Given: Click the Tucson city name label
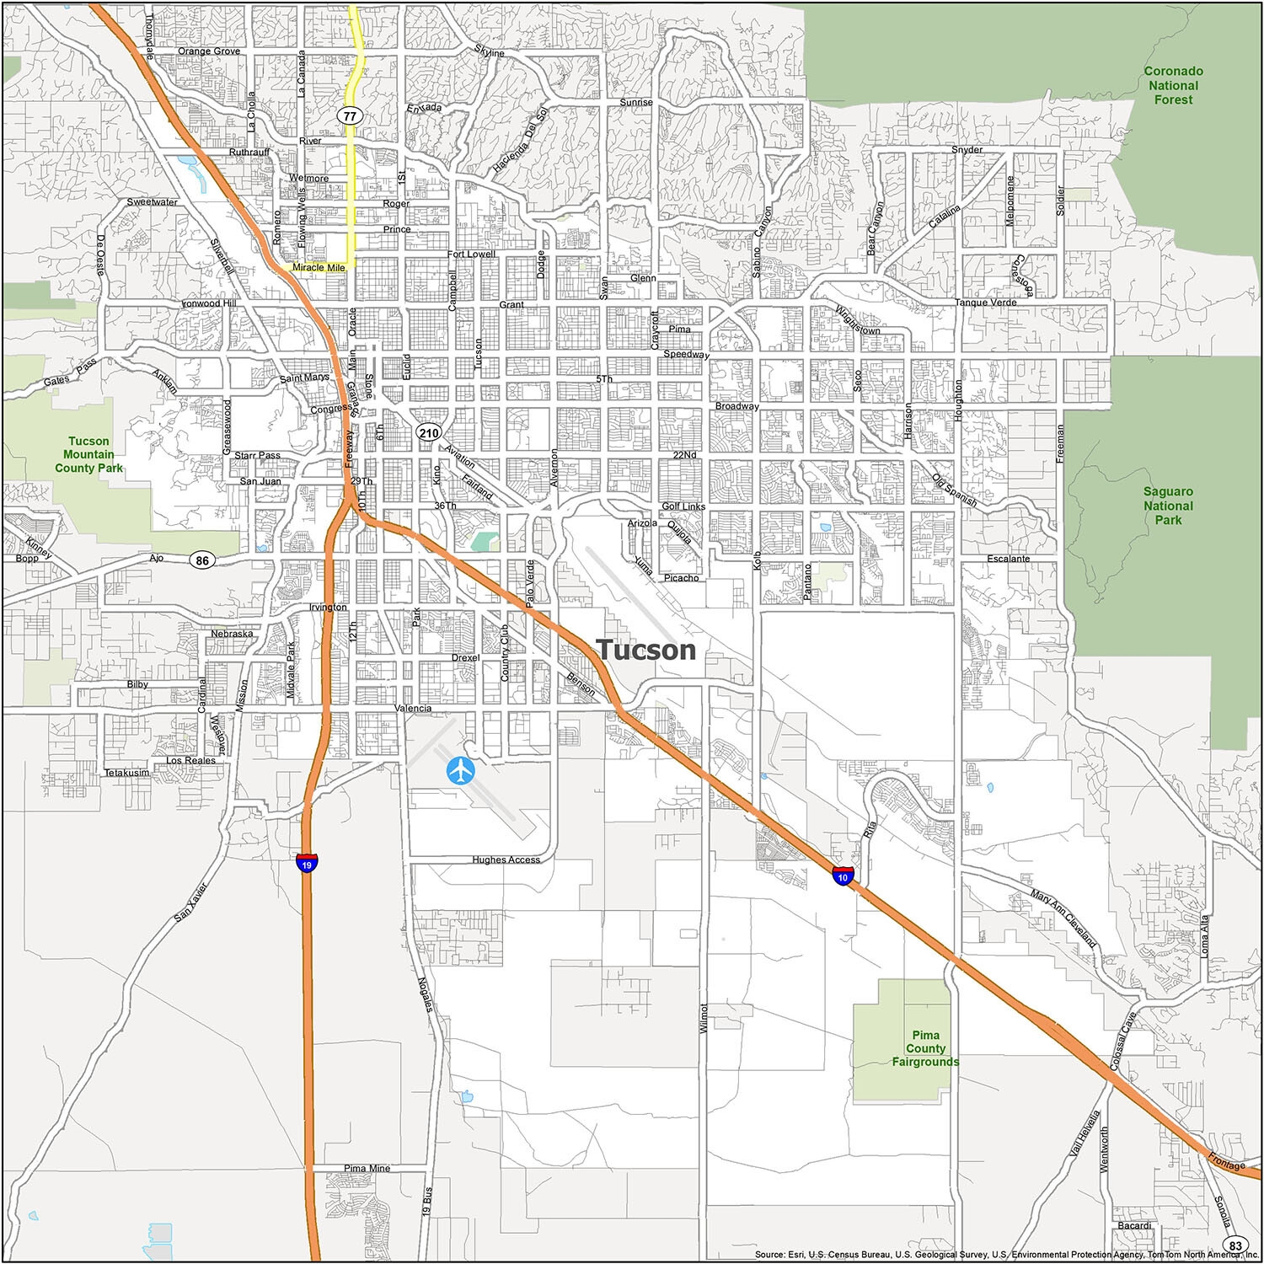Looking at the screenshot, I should [x=646, y=650].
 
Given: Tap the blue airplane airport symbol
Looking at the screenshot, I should [x=461, y=769].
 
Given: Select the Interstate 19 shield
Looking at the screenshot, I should [x=307, y=864].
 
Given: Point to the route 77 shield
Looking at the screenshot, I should [x=350, y=116].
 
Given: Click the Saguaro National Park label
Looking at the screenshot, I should [x=1168, y=506].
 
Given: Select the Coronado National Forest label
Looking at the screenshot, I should [x=1173, y=85].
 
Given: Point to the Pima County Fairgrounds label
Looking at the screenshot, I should [x=925, y=1048].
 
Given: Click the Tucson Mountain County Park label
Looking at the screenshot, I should [x=88, y=454].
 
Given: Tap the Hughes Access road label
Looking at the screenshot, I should [x=506, y=860].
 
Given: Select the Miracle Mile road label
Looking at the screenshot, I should [x=319, y=267].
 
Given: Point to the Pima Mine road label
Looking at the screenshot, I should [x=367, y=1169].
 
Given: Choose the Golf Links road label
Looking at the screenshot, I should [x=683, y=506].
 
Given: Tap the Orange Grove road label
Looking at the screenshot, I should [x=209, y=51].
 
